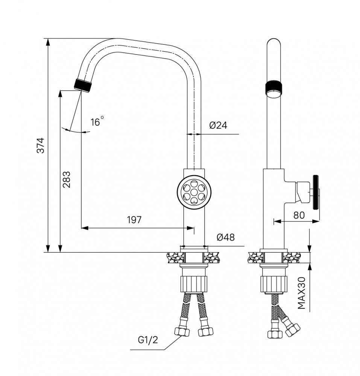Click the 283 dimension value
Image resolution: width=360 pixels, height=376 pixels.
66,179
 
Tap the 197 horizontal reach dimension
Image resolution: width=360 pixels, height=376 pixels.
134,220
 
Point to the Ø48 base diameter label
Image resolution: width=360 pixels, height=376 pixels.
226,237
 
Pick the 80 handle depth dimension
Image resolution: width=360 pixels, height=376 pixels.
299,215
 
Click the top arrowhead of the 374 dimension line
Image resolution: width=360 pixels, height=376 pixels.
48,41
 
